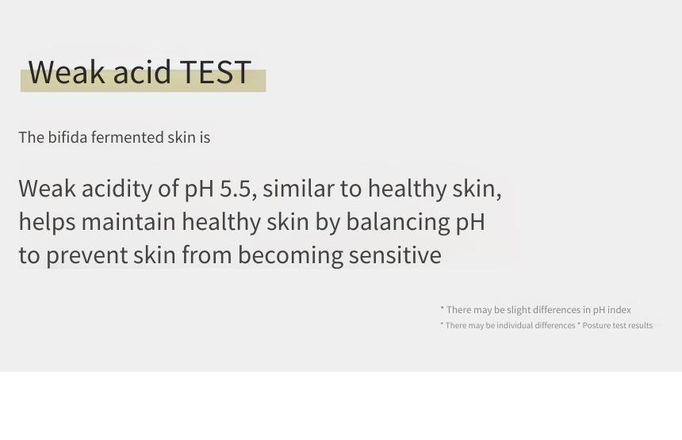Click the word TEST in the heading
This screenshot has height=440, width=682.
(x=215, y=71)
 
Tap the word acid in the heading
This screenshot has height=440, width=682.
(x=142, y=71)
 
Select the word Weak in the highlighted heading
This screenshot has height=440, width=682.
(x=67, y=71)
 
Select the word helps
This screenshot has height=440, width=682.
(x=48, y=222)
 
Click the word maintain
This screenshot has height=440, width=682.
(x=128, y=222)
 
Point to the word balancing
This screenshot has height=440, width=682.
(x=398, y=222)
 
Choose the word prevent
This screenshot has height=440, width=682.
(x=87, y=255)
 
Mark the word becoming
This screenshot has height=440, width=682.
(x=290, y=255)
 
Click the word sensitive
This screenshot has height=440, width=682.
(x=395, y=254)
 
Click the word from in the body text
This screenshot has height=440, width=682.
(x=207, y=254)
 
